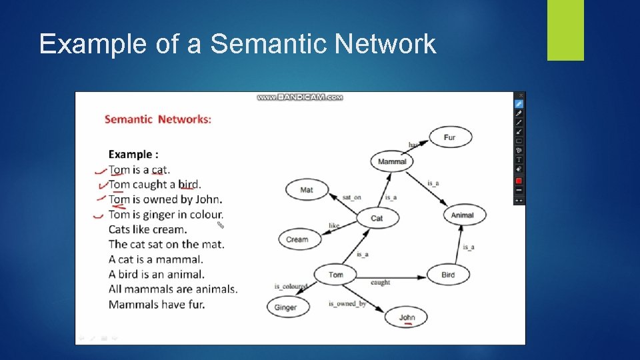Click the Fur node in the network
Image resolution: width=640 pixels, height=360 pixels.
(x=449, y=138)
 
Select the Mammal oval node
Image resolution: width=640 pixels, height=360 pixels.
(x=391, y=161)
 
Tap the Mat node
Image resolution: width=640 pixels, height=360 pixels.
(x=307, y=190)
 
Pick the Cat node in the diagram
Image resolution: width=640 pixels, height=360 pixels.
(x=377, y=218)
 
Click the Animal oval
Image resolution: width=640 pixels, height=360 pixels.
(x=462, y=215)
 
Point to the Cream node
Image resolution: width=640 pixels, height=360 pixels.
(x=297, y=239)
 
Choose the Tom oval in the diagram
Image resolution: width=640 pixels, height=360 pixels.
(x=336, y=275)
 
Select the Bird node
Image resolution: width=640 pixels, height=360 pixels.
(x=448, y=275)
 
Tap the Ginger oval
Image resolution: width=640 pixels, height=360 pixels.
(x=285, y=307)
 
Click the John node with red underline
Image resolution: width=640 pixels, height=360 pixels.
(x=407, y=317)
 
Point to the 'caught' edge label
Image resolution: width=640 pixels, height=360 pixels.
(x=380, y=283)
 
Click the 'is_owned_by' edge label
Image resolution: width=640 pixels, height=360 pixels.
(x=347, y=304)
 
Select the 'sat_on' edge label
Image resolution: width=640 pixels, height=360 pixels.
(x=351, y=198)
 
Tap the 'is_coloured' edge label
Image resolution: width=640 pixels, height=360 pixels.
(x=291, y=287)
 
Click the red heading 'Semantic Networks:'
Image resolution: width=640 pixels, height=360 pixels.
(x=158, y=119)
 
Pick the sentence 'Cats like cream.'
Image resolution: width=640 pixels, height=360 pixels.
(x=147, y=229)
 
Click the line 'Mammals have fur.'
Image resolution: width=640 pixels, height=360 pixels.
(x=157, y=305)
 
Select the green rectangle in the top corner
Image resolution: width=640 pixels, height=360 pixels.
(x=565, y=30)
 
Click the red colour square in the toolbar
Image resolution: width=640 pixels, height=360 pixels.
(x=519, y=181)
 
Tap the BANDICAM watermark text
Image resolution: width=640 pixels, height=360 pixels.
(x=300, y=97)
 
